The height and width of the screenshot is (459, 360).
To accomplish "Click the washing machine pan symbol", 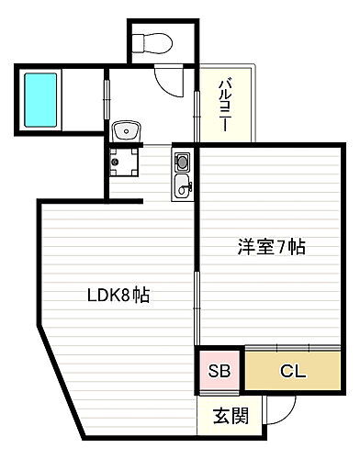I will pos(123,162).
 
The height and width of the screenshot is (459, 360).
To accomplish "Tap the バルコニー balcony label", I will pos(225,108).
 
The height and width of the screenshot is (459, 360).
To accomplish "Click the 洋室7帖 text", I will pos(272,246).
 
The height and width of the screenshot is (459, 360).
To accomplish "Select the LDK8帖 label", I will pos(118,296).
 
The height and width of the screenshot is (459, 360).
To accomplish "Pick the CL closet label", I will pos(293,372).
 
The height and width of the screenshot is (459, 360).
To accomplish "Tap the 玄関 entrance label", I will pos(231,416).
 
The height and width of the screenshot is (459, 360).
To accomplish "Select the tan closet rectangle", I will pos(294,372).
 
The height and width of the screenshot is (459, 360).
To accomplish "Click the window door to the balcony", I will pos(199,110).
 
